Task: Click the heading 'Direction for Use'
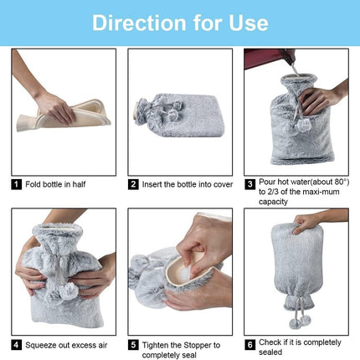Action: click(179, 22)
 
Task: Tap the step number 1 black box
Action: click(16, 184)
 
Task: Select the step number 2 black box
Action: click(132, 184)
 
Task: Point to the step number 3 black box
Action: click(249, 184)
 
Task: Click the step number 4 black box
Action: click(16, 343)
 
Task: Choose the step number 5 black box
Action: click(132, 343)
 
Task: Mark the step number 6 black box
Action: click(249, 343)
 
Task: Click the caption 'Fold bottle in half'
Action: click(55, 184)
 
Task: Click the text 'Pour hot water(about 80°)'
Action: click(302, 181)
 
